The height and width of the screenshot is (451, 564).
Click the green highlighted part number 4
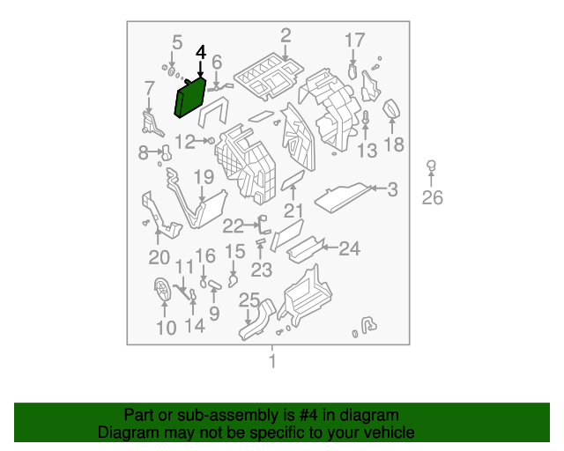(190, 98)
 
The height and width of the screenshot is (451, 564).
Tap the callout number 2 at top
(286, 36)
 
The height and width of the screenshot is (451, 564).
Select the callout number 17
(354, 40)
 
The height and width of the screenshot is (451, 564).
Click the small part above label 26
(432, 166)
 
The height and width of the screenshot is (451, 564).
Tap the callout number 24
(350, 249)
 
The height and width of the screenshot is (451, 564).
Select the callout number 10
(166, 329)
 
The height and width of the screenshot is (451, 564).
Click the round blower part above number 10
(164, 292)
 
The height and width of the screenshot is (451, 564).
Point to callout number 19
(204, 177)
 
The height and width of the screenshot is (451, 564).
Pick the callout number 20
(159, 257)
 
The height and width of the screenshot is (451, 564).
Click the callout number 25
(249, 300)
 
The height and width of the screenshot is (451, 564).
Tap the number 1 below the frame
(272, 361)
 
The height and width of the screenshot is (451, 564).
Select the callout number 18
(394, 144)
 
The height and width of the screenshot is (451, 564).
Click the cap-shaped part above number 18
(393, 110)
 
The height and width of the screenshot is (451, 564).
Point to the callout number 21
(293, 211)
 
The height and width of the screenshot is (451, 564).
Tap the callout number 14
(195, 325)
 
